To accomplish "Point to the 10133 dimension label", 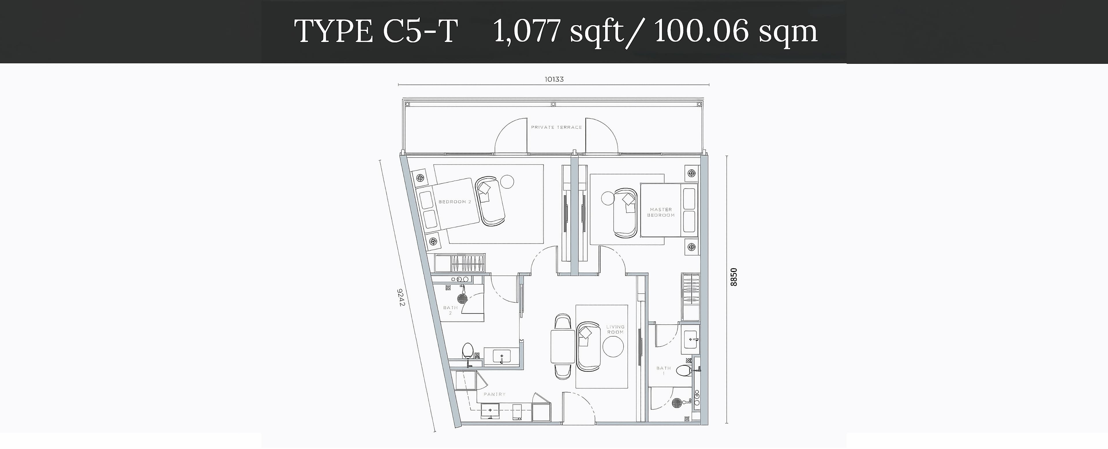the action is click(554, 79).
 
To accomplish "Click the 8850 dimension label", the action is click(734, 277).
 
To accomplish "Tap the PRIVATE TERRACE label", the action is click(556, 127).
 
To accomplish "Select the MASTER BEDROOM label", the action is click(661, 212).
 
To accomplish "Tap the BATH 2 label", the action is click(450, 310).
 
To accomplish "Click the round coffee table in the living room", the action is click(613, 347).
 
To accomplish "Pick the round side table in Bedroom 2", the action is click(507, 182).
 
